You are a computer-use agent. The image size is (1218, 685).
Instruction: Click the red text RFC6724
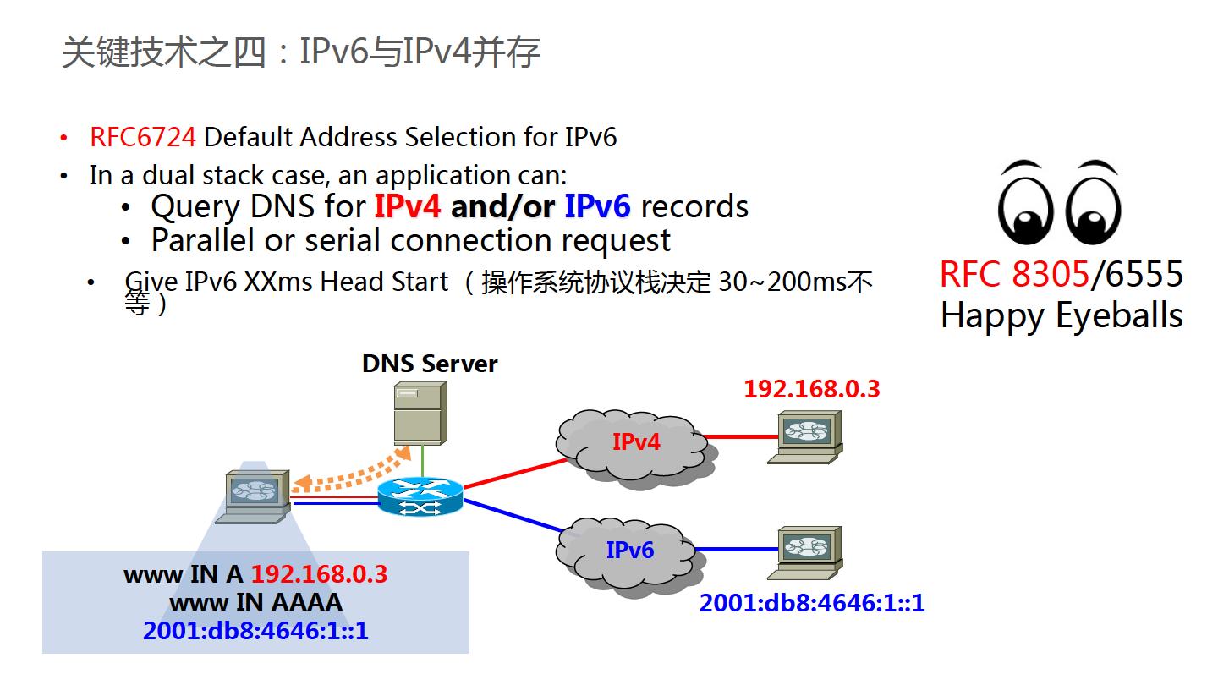(x=143, y=137)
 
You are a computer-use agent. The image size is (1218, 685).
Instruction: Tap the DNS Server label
(x=430, y=364)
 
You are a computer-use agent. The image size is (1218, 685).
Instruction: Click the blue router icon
(x=420, y=496)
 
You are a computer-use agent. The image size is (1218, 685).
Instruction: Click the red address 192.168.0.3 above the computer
(x=811, y=389)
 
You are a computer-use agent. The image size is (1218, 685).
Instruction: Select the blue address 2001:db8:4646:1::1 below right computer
(x=811, y=604)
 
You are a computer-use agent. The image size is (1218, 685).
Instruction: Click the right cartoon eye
(x=1093, y=202)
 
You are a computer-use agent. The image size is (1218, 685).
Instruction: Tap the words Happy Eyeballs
(x=1061, y=315)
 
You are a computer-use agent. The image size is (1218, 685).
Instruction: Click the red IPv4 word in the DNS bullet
(x=407, y=207)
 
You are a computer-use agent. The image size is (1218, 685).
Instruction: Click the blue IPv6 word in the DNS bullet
(x=598, y=207)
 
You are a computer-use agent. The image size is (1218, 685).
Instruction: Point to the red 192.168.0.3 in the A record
(x=319, y=574)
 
